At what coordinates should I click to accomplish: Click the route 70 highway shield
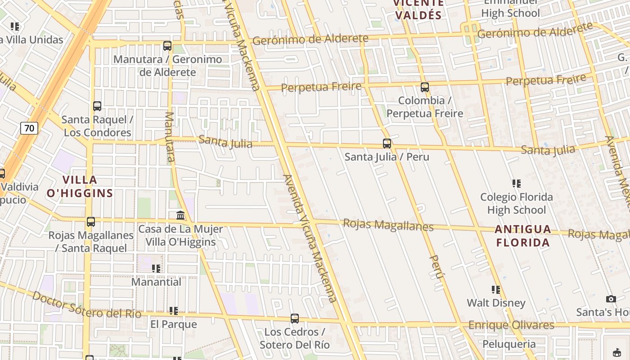point(29,128)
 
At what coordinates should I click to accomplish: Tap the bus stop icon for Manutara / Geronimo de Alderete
point(167,45)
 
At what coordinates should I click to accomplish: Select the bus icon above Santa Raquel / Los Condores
point(97,106)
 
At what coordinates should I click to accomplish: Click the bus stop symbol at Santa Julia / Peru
point(387,144)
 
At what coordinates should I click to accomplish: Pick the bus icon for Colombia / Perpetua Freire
point(425,87)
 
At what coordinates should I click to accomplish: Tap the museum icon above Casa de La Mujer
point(180,216)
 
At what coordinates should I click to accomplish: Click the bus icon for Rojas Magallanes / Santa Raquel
point(91,222)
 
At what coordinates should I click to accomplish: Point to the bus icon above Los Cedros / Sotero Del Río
point(295,319)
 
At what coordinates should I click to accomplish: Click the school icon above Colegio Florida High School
point(517,184)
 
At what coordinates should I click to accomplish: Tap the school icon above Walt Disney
point(496,290)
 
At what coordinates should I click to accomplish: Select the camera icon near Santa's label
point(611,299)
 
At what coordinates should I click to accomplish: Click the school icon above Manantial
point(156,269)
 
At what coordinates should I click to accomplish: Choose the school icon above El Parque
point(174,311)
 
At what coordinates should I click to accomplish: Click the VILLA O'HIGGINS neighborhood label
point(80,187)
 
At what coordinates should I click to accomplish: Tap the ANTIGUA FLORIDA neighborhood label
point(523,236)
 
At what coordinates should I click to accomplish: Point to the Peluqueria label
point(509,345)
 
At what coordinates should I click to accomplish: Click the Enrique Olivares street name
point(511,325)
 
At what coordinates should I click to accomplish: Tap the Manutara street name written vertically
point(170,137)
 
